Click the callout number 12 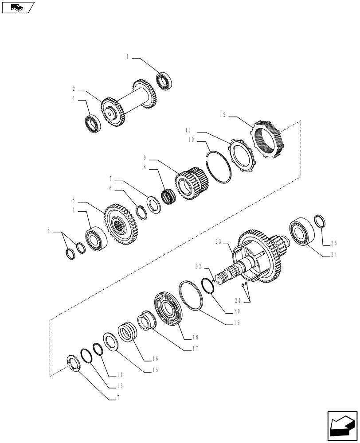[x=222, y=116]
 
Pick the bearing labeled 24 [x=301, y=232]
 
